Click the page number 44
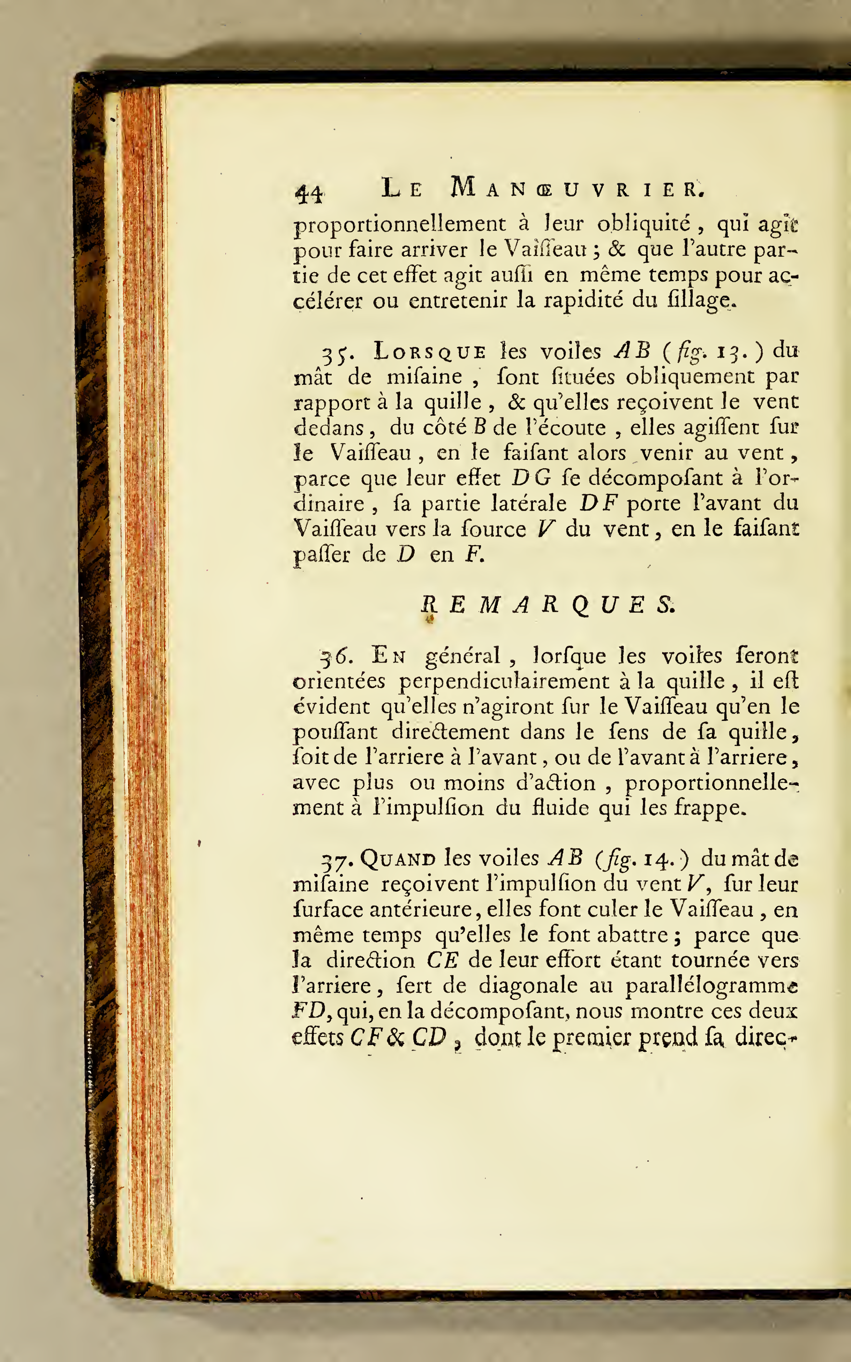(x=309, y=193)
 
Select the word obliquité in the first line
(x=644, y=224)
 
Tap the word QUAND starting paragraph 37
(x=398, y=859)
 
